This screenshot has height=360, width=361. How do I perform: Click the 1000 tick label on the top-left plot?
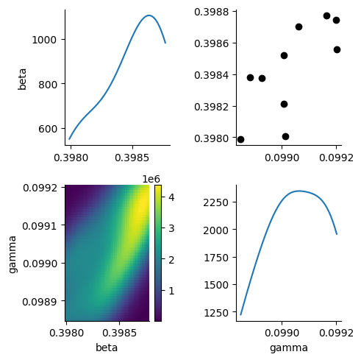click(44, 40)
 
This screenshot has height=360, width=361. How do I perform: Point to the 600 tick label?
click(47, 129)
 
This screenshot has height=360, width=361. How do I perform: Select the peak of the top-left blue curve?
click(149, 15)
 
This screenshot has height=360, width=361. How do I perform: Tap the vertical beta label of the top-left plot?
click(22, 80)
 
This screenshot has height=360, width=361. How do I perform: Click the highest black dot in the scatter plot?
click(326, 16)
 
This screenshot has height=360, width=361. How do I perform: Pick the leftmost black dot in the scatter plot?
click(240, 140)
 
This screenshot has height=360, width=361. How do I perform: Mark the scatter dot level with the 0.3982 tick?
click(284, 105)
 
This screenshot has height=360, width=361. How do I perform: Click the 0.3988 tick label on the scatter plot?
click(211, 12)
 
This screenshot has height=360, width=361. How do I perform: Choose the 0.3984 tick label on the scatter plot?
click(211, 75)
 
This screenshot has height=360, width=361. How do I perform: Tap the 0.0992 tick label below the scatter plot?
click(336, 158)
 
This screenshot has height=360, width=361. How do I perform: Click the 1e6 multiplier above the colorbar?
click(151, 179)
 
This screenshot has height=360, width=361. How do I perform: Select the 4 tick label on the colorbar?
click(171, 197)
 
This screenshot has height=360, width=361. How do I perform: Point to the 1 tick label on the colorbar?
click(171, 291)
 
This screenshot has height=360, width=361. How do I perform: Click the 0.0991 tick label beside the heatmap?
click(40, 226)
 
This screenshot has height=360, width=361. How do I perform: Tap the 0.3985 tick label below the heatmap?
click(119, 333)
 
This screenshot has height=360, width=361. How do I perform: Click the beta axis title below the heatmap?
click(107, 347)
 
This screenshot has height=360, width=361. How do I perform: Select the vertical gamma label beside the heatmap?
click(12, 254)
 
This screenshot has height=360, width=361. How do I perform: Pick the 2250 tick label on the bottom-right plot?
click(215, 202)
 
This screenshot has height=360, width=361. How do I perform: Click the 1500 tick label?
click(215, 285)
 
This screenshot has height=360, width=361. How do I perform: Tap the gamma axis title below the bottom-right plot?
click(289, 348)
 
